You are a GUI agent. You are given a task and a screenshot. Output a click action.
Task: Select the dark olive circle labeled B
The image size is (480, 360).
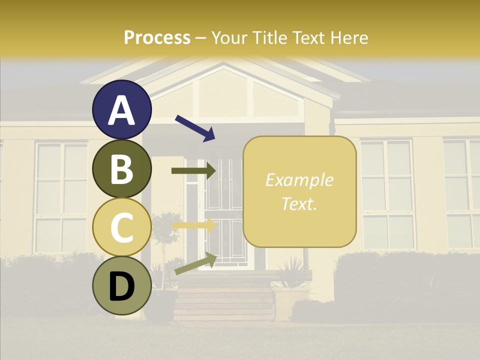[122, 168]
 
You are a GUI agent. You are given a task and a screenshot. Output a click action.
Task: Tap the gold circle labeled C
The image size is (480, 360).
[122, 227]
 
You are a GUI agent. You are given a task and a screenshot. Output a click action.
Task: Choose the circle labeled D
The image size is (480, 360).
[122, 286]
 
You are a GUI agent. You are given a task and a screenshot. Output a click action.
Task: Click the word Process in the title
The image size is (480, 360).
[157, 37]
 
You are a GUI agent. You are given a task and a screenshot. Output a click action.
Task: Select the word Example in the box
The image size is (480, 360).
[299, 180]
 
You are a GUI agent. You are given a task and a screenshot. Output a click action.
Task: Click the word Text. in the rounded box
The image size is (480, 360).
[299, 204]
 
